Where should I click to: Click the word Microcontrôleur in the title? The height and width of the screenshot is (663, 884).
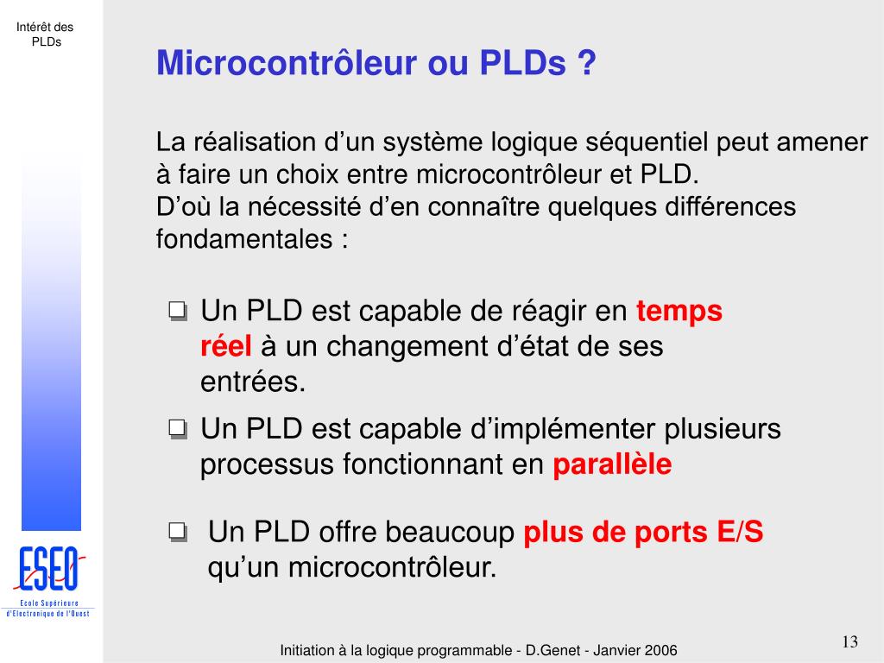[287, 62]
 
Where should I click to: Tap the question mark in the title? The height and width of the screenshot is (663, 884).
[586, 62]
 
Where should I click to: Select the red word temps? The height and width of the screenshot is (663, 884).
[679, 312]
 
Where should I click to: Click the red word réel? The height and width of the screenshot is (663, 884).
[225, 345]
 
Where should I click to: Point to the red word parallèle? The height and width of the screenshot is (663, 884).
[612, 464]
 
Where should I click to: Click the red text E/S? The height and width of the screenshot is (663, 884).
[740, 532]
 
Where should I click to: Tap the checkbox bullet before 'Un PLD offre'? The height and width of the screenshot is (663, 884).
[178, 532]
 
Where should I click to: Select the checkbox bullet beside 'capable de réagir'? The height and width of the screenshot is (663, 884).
[178, 311]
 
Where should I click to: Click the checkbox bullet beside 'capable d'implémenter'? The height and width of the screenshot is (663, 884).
[178, 430]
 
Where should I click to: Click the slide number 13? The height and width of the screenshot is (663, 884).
[849, 641]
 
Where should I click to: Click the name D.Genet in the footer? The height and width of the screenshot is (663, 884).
[552, 650]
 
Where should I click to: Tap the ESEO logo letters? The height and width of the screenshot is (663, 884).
[49, 568]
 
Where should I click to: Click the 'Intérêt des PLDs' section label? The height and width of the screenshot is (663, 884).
[45, 35]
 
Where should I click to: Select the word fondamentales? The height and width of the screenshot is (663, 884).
[244, 239]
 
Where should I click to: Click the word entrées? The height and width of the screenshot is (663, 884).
[253, 382]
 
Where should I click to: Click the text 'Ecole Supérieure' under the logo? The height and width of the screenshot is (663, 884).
[49, 603]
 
